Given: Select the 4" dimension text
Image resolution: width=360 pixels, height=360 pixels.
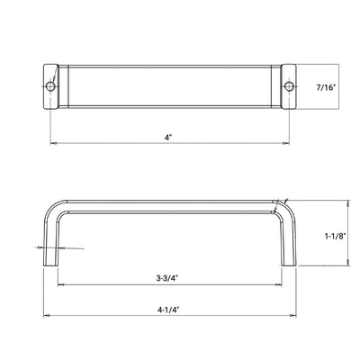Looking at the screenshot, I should click(168, 137).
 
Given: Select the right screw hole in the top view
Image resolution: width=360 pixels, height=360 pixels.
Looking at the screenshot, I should click(288, 86).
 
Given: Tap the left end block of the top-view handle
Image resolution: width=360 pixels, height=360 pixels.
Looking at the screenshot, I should click(51, 86).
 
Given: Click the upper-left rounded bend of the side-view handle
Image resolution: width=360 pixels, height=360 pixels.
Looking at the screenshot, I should click(54, 206).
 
